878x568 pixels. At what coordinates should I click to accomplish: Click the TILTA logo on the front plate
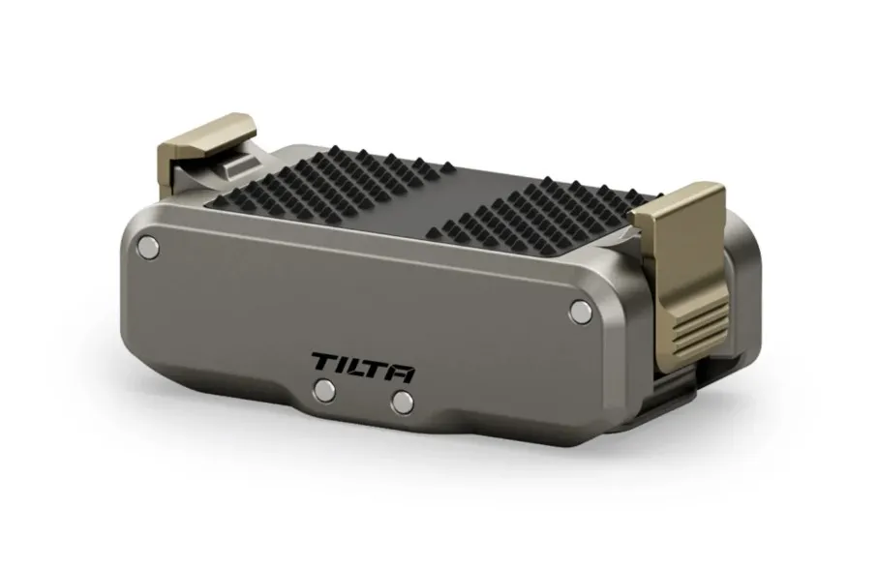(x=364, y=367)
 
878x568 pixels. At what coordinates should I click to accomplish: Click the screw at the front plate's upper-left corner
(x=148, y=246)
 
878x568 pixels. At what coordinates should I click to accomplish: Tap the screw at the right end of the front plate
(x=581, y=312)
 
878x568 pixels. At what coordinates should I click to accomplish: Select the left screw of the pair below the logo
(x=324, y=389)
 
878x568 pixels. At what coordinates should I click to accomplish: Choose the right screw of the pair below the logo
(x=403, y=402)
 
